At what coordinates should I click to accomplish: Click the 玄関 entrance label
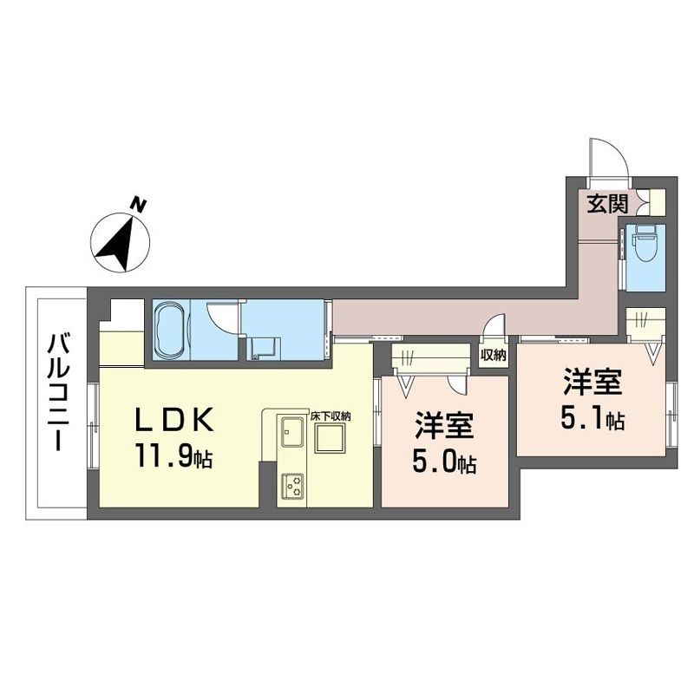pyautogui.click(x=608, y=205)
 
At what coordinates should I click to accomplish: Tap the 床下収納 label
pyautogui.click(x=330, y=416)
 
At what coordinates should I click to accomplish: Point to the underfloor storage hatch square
pyautogui.click(x=330, y=438)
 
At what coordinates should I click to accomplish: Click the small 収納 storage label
pyautogui.click(x=493, y=355)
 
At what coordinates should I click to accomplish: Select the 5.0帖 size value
pyautogui.click(x=444, y=462)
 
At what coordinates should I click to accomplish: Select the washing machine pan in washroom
pyautogui.click(x=265, y=349)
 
